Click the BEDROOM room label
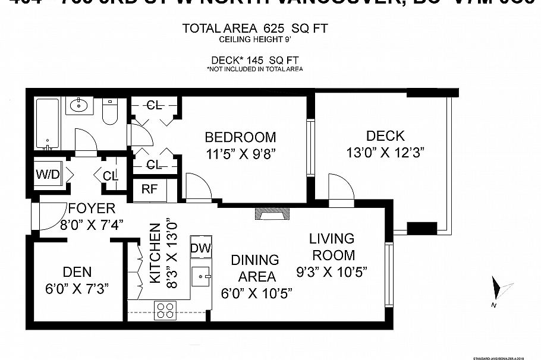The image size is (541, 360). (241, 137)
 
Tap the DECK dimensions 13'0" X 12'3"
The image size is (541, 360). (385, 153)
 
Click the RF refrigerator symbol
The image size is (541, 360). (149, 190)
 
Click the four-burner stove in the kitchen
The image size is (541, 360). (165, 310)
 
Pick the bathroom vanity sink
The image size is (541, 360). (78, 106)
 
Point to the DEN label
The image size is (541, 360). (77, 272)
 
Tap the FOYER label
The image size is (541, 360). (91, 209)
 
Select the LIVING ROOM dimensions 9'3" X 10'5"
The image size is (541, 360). (332, 272)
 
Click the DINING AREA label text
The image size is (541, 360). (255, 268)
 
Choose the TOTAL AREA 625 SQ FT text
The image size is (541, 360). (255, 29)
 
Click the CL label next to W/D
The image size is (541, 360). (111, 176)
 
